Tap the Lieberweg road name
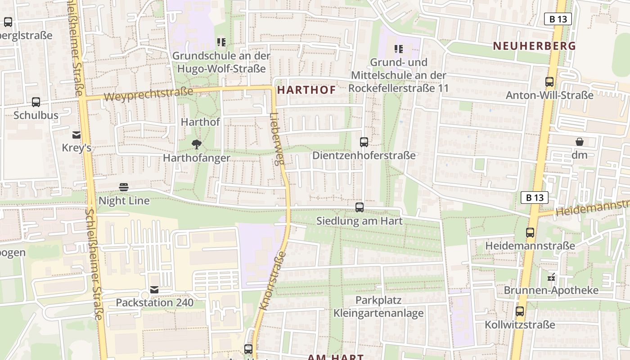point(277,138)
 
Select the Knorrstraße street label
point(273,281)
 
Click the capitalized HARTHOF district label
point(306,90)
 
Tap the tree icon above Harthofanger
point(196,144)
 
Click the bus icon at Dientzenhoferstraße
point(364,142)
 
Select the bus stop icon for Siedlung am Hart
point(359,207)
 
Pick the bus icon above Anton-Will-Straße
point(549,82)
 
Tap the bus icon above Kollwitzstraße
point(520,311)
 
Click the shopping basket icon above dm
point(580,142)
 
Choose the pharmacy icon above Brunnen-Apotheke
point(551,277)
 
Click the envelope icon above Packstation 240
point(155,290)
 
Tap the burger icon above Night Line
point(124,187)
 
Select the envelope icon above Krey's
point(76,135)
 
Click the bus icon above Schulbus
point(36,102)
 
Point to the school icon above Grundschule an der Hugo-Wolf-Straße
point(221,43)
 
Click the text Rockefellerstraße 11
point(399,88)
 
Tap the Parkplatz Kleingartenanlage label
point(378,306)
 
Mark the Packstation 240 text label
point(155,303)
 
